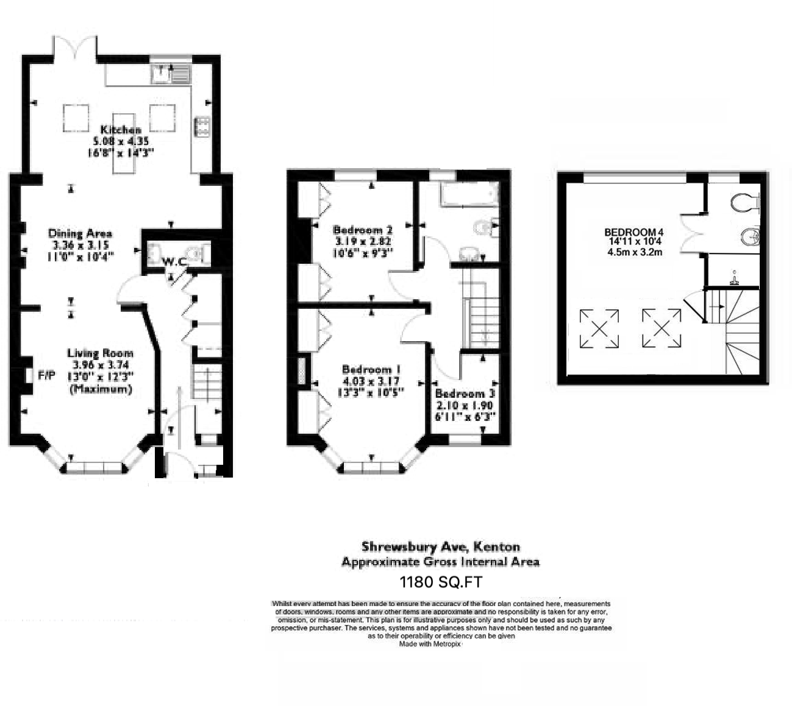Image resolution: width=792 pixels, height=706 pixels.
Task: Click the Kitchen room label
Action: (x=121, y=130)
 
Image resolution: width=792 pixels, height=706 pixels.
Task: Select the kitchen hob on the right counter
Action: (x=201, y=125)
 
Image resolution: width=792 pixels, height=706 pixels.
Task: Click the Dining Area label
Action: (x=80, y=233)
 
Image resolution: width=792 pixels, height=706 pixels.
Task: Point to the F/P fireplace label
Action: (x=46, y=375)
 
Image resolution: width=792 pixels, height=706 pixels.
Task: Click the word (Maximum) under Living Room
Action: (x=101, y=389)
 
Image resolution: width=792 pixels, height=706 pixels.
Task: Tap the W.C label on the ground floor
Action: (x=174, y=262)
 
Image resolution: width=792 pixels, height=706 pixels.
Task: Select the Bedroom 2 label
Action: (x=362, y=230)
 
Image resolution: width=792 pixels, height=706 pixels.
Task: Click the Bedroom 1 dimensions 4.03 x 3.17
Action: (x=371, y=381)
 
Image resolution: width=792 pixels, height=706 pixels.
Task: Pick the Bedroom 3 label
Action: (x=465, y=394)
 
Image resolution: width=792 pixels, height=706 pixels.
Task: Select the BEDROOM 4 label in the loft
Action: (x=633, y=232)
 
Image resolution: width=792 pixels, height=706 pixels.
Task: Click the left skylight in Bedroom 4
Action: (x=599, y=329)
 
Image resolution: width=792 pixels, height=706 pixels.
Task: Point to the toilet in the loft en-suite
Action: (x=744, y=202)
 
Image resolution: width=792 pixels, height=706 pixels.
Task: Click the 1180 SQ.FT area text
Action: (x=440, y=582)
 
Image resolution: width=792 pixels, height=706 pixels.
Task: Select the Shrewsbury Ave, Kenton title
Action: (x=440, y=546)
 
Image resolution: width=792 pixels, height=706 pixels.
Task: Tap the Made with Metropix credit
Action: (x=430, y=643)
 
